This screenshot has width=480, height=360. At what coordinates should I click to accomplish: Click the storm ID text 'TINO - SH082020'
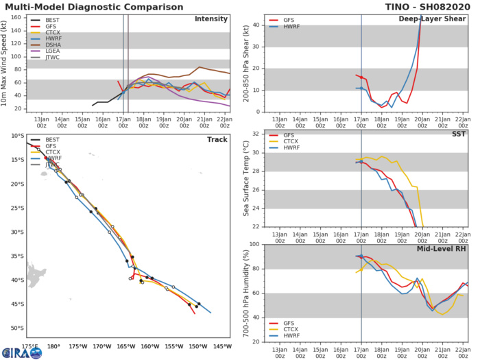click(433, 5)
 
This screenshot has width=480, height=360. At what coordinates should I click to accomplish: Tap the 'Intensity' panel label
click(212, 19)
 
